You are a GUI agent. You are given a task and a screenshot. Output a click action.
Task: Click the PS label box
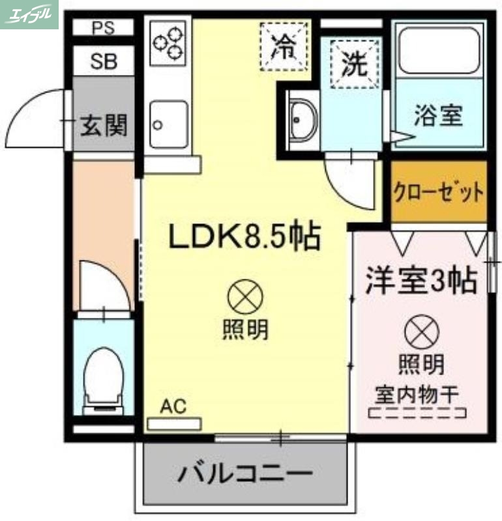point(102,27)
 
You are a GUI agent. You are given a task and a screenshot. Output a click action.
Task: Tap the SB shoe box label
point(103,62)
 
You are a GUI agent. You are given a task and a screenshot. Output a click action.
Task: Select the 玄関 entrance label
point(103,124)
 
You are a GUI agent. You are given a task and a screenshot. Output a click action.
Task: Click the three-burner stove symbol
point(168,42)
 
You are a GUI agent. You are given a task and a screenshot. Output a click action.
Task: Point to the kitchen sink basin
point(169,124)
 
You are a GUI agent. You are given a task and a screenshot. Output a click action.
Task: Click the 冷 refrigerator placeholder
point(283,46)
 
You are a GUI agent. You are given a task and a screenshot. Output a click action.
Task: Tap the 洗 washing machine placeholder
point(355,63)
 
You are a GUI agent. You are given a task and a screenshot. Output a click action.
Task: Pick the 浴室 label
point(438,116)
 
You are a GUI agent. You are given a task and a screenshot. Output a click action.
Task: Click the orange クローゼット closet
point(439,192)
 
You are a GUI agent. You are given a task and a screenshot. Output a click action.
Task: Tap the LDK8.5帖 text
point(245,237)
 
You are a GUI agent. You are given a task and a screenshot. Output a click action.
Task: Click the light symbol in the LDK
point(245,298)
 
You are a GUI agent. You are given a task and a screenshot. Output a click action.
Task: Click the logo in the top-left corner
point(29,14)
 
